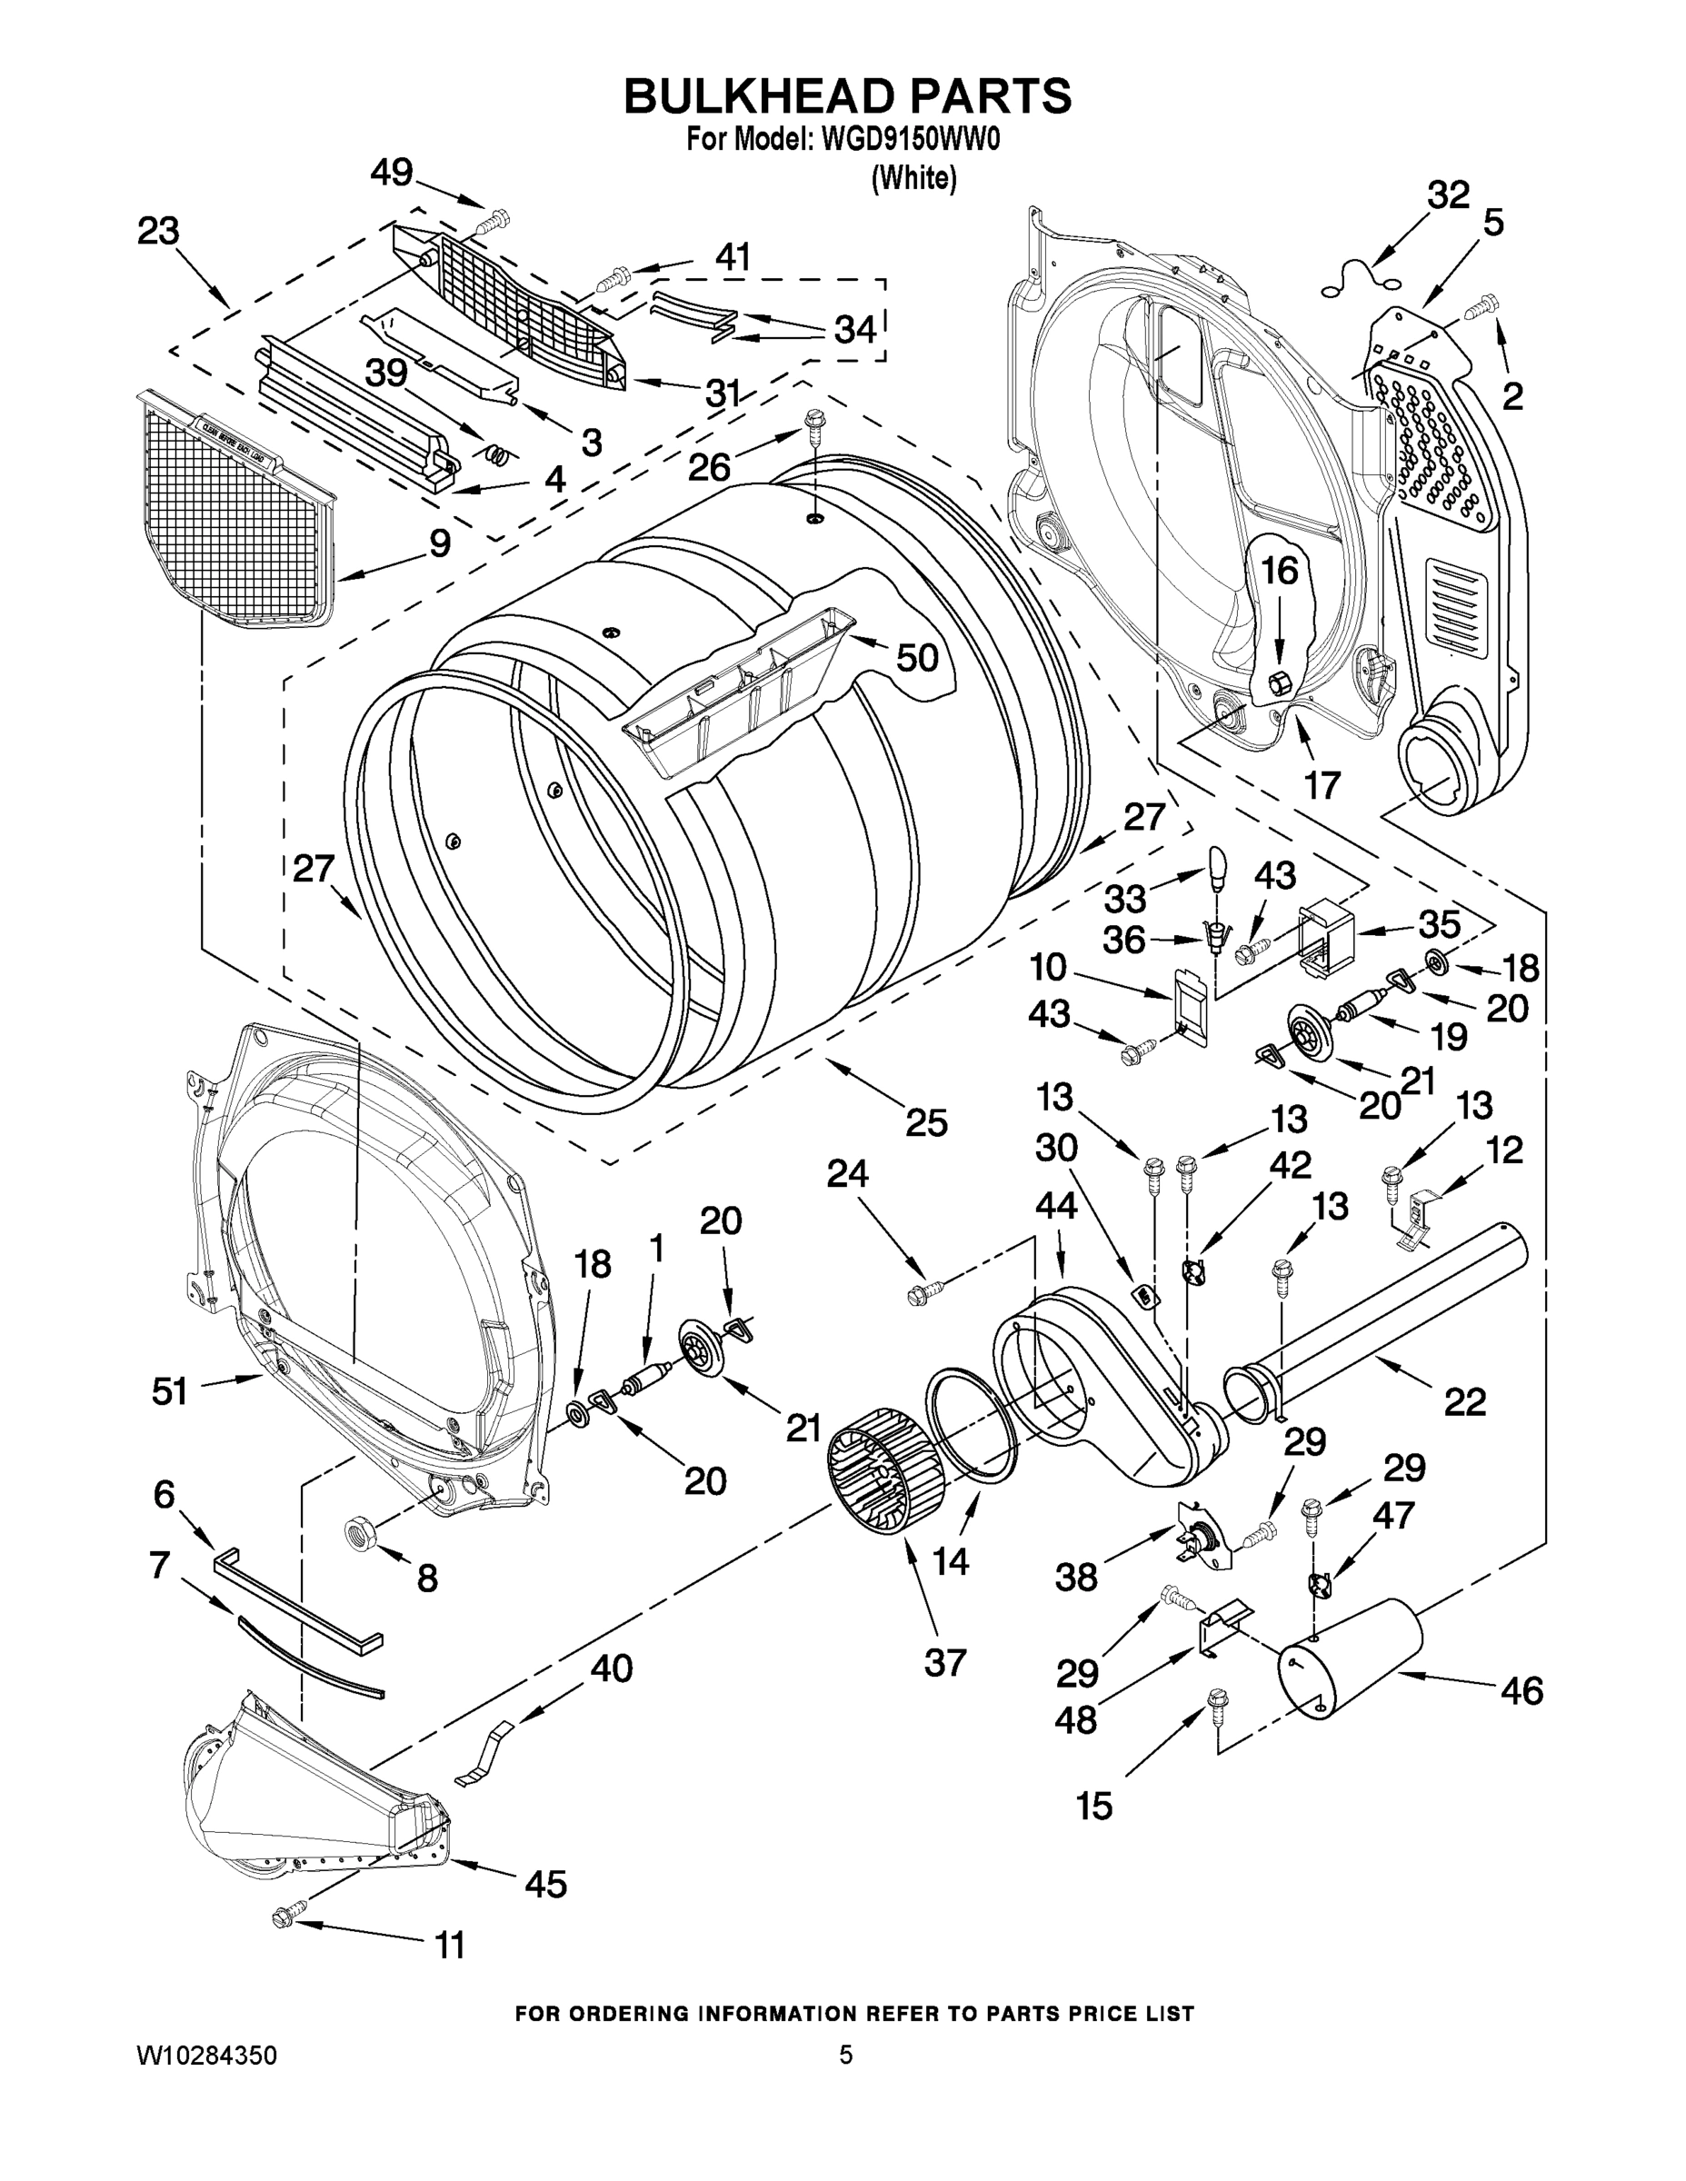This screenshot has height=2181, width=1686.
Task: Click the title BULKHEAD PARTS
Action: pyautogui.click(x=847, y=97)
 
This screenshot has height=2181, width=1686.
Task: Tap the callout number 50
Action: pyautogui.click(x=916, y=657)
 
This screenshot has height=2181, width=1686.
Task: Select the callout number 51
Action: pyautogui.click(x=169, y=1391)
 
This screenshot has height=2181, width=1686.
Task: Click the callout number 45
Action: pyautogui.click(x=545, y=1885)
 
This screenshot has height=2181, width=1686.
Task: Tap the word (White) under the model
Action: pyautogui.click(x=913, y=180)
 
